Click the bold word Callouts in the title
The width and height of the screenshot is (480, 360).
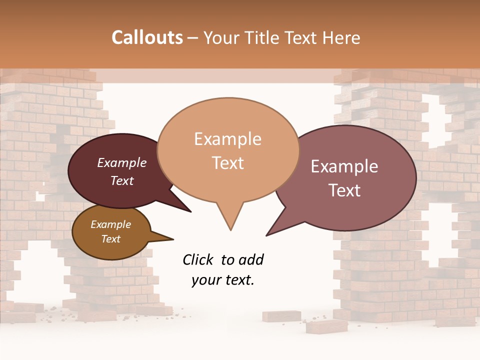coord(147,37)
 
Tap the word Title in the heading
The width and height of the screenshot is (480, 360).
coord(264,37)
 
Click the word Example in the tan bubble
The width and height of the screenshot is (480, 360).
coord(227,139)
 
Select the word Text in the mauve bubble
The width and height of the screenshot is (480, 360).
coord(344,190)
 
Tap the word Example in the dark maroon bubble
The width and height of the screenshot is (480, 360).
coord(121,163)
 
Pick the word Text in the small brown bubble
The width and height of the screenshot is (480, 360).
coord(110,239)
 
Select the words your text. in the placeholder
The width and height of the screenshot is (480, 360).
coord(222,280)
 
